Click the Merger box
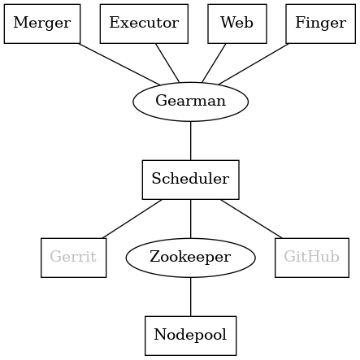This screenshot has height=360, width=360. tap(42, 23)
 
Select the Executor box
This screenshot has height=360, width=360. tap(144, 23)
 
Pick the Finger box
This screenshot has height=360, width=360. tap(319, 23)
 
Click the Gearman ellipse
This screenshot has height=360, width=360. tap(190, 102)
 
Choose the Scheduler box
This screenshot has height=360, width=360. tap(190, 180)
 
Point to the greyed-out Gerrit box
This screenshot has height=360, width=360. tap(73, 258)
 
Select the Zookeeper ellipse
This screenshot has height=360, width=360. tap(191, 258)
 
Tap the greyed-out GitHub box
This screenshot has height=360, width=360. tap(312, 258)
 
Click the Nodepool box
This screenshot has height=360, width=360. tap(191, 336)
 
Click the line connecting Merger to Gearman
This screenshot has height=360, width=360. tap(119, 63)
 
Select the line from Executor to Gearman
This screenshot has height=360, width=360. tap(168, 63)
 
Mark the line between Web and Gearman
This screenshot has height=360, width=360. tap(213, 63)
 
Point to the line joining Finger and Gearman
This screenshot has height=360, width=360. tap(253, 63)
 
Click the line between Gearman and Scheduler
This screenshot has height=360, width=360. tap(190, 141)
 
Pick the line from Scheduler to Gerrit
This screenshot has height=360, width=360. tap(132, 219)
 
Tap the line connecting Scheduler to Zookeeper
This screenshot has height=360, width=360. tap(190, 219)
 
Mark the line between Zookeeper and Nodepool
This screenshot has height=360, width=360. tap(191, 297)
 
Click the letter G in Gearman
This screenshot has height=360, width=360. tap(160, 102)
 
